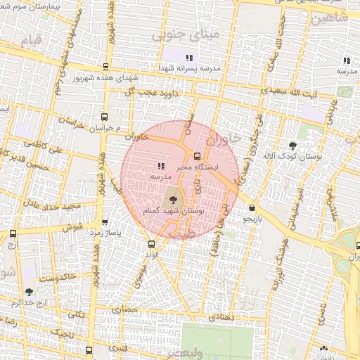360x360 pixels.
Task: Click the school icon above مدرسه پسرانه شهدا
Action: click(x=188, y=58)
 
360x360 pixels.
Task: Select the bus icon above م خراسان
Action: click(x=104, y=117)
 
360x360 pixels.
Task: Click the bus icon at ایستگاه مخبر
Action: click(x=197, y=157)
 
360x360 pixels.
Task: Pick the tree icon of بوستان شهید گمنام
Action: click(x=175, y=209)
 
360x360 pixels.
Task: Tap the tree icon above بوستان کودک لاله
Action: click(x=292, y=145)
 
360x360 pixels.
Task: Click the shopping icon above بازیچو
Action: click(x=252, y=208)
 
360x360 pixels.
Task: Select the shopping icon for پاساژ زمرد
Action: click(x=105, y=221)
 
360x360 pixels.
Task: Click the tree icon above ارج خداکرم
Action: click(x=29, y=291)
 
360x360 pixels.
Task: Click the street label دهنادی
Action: click(x=219, y=318)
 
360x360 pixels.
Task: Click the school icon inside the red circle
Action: click(x=160, y=167)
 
